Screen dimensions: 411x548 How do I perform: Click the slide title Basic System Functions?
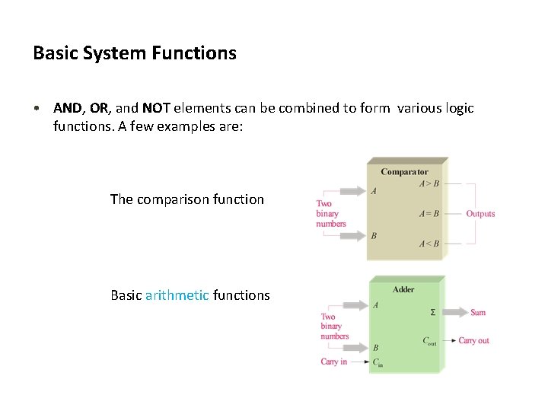[x=135, y=53]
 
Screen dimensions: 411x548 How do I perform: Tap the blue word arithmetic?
[x=177, y=295]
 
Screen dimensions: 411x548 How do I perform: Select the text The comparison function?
[x=186, y=199]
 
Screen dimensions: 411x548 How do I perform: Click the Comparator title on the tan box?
[x=404, y=172]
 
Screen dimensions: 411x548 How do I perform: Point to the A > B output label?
[x=429, y=183]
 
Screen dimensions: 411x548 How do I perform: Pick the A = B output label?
[x=429, y=214]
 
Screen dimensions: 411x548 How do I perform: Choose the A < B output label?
[x=429, y=244]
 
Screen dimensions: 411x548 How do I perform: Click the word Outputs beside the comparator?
[x=480, y=214]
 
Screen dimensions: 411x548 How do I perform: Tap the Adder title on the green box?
[x=403, y=289]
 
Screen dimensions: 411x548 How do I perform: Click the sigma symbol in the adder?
[x=433, y=312]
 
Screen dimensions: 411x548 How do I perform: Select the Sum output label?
[x=478, y=312]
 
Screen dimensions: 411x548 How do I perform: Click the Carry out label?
[x=474, y=340]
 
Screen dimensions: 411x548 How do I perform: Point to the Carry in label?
[x=334, y=362]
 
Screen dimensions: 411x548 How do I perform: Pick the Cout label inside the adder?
[x=430, y=341]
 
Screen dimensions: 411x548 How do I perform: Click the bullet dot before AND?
[x=37, y=108]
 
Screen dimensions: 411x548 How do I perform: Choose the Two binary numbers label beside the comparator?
[x=330, y=214]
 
